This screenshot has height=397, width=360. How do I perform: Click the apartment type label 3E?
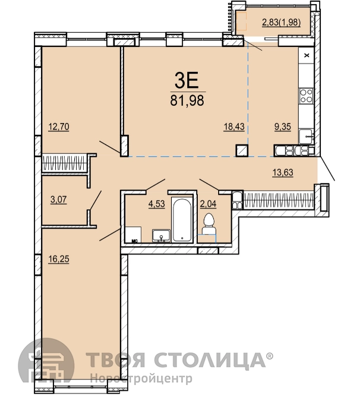(187, 80)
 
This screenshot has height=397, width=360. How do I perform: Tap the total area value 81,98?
(187, 100)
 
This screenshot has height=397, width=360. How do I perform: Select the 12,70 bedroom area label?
(59, 127)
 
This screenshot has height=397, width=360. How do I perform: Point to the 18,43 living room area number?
(234, 127)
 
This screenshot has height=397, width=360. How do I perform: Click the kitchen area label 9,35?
(283, 127)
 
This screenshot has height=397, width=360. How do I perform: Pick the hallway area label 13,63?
(283, 172)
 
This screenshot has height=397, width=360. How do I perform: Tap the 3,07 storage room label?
(59, 200)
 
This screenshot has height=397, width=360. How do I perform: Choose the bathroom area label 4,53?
(157, 204)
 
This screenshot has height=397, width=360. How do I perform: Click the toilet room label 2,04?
(209, 204)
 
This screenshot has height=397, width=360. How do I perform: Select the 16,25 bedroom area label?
(59, 259)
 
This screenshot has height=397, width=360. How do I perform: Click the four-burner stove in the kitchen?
(306, 96)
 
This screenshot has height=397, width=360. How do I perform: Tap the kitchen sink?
(306, 137)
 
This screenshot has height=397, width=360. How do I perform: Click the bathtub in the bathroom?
(182, 219)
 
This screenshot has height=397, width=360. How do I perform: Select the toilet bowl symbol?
(209, 224)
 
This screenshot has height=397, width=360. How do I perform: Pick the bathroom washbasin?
(161, 235)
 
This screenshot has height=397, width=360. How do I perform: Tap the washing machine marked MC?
(134, 234)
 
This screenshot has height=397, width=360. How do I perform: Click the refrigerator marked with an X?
(307, 55)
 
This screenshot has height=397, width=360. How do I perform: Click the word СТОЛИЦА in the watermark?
(210, 360)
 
